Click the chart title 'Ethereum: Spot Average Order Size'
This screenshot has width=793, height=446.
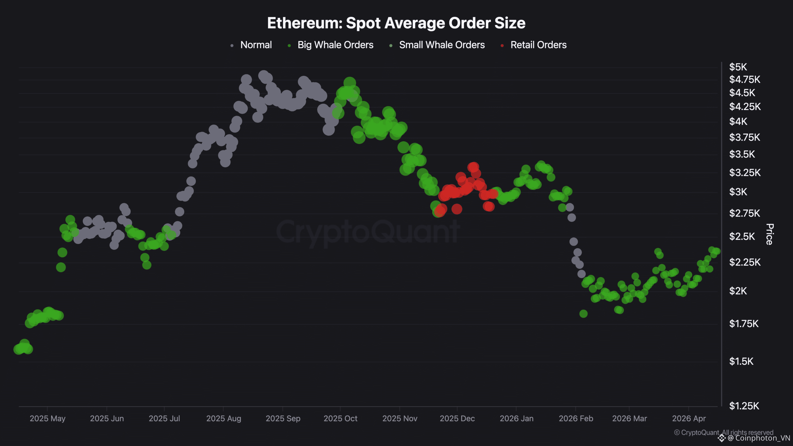pos(396,23)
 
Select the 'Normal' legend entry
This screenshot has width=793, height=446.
pos(256,45)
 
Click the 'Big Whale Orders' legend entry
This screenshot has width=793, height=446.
pos(335,45)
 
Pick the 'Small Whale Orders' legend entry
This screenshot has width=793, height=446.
pos(441,45)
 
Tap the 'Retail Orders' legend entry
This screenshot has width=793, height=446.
pos(538,45)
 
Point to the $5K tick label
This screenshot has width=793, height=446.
pos(738,67)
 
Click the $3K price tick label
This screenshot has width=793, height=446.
pos(738,192)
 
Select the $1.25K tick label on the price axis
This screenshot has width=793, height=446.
pos(744,406)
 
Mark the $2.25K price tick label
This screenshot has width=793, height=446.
pos(744,262)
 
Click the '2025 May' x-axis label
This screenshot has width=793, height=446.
pos(47,419)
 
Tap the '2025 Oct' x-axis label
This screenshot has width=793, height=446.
pos(340,419)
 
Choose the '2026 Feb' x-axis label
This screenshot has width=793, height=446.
pos(576,419)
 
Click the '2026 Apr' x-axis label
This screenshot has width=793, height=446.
pos(689,419)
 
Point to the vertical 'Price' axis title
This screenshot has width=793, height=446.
pos(769,234)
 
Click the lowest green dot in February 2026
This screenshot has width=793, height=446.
pos(583,314)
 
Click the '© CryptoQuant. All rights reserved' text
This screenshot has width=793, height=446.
pos(723,432)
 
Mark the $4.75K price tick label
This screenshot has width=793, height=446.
pos(744,80)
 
